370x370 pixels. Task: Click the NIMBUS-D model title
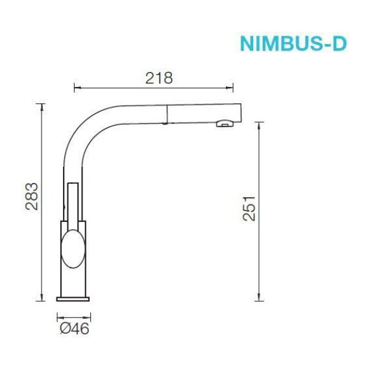(293, 43)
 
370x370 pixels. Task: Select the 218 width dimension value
(159, 78)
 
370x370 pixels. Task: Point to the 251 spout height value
(248, 208)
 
